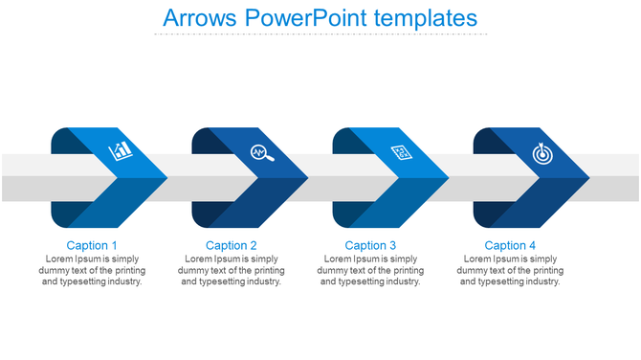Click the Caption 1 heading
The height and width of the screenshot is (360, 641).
tap(93, 246)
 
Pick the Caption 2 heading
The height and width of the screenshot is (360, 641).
tap(232, 246)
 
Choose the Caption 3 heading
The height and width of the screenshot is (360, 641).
tap(371, 246)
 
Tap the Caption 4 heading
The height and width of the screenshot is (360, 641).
tap(511, 246)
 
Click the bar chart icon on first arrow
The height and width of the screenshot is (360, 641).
tap(122, 151)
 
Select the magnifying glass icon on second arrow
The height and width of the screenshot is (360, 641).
tap(261, 152)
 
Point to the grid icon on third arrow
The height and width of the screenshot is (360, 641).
tap(401, 152)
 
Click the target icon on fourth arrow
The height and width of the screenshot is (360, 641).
tap(542, 152)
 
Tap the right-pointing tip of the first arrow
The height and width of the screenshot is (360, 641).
tap(165, 178)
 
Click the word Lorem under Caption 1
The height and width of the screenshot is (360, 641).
tap(59, 259)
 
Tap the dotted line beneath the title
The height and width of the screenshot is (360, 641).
tap(320, 34)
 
